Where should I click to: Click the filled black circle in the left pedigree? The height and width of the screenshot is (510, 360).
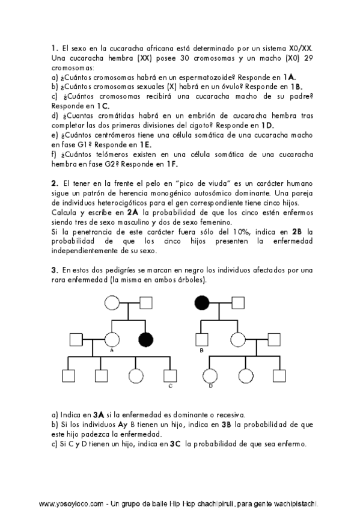[x=145, y=339]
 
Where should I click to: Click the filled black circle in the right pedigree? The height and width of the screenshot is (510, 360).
[x=203, y=304]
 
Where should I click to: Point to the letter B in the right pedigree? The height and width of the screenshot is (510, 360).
[x=201, y=349]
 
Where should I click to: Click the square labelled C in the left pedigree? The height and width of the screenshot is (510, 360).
[x=170, y=376]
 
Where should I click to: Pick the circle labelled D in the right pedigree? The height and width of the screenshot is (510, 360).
[x=210, y=376]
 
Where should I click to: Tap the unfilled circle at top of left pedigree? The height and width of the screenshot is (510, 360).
[x=112, y=304]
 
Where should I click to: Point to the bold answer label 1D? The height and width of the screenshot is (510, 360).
[x=267, y=125]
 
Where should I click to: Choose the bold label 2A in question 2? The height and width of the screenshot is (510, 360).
[x=133, y=212]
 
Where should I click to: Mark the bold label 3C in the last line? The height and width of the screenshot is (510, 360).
[x=175, y=444]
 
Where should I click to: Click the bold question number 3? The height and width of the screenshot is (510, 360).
[x=53, y=270]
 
